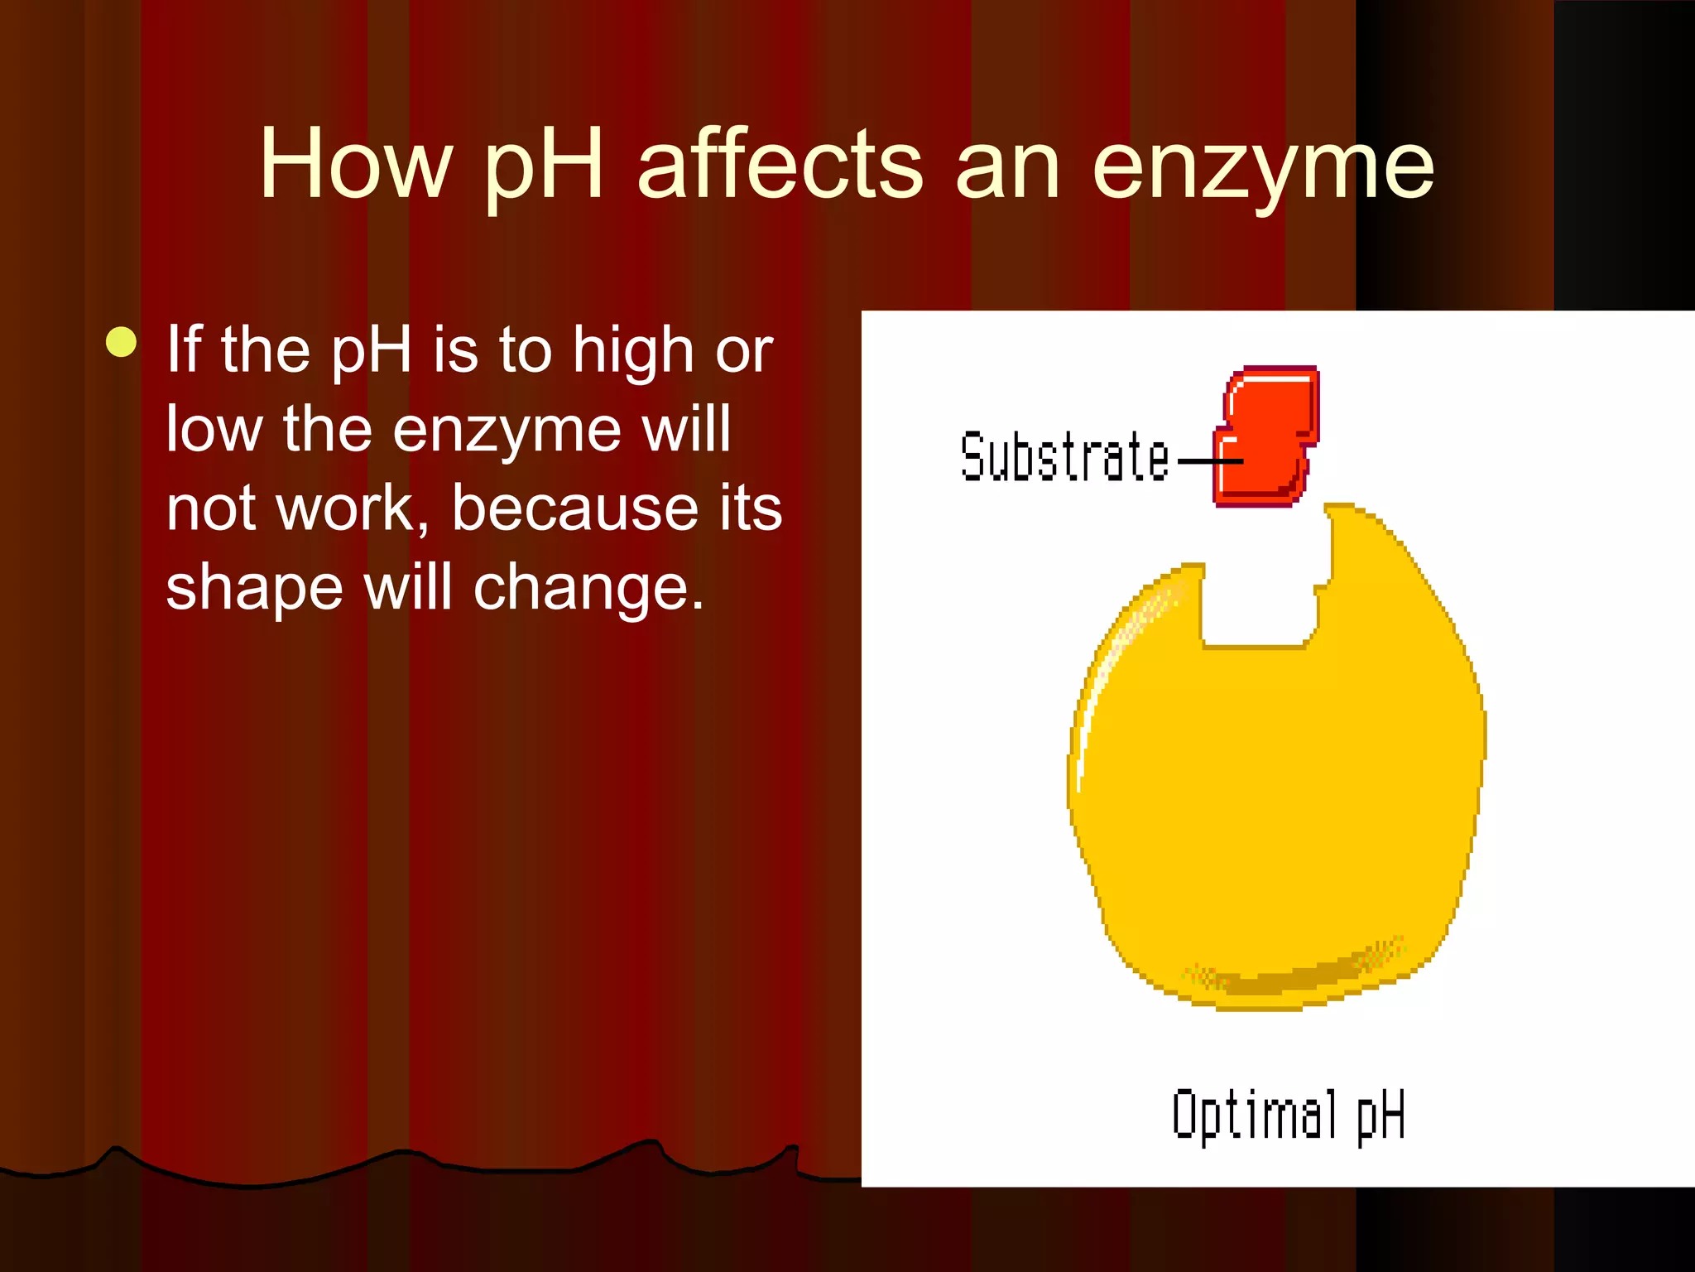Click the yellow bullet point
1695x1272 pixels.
point(122,343)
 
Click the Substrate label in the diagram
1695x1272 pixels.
point(1064,457)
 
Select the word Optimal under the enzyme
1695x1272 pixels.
point(1253,1115)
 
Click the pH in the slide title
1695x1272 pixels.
point(543,166)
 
